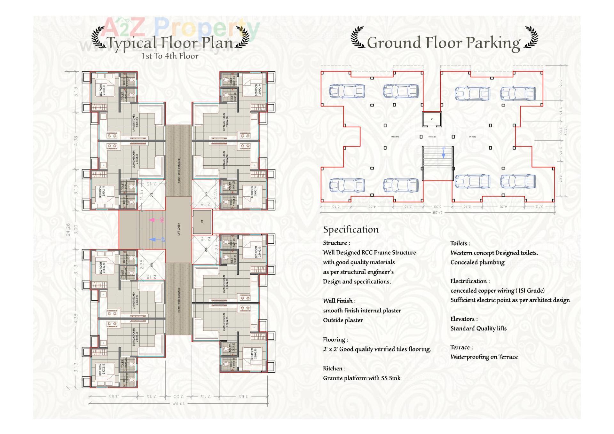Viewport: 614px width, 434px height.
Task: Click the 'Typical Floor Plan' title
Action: click(x=170, y=42)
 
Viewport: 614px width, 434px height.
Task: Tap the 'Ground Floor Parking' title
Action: click(x=444, y=42)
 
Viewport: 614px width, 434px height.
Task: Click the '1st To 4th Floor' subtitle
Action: click(x=170, y=56)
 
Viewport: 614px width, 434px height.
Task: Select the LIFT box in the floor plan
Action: click(x=202, y=222)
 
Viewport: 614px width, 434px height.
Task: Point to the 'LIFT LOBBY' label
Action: click(x=179, y=229)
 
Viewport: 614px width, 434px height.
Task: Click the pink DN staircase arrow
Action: click(x=153, y=220)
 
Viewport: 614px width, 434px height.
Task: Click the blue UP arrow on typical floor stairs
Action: click(x=153, y=239)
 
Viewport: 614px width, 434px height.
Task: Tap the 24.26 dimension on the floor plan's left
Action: click(x=68, y=229)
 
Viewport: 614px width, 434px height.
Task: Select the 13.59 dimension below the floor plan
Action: click(x=179, y=403)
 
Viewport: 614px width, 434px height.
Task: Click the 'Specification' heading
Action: click(x=351, y=229)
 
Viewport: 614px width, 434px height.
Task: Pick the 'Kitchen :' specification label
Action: click(x=334, y=368)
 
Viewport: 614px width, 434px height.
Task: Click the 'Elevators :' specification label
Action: click(x=464, y=319)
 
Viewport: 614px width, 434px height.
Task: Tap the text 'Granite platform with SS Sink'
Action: click(x=361, y=378)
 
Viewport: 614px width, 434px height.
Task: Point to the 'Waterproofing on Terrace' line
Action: click(x=484, y=357)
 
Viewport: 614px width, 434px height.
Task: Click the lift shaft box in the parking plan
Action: click(x=432, y=119)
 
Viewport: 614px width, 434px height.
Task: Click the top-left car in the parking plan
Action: click(x=347, y=91)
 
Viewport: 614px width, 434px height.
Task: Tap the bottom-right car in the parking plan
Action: click(x=517, y=182)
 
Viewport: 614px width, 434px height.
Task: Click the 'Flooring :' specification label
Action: click(x=335, y=339)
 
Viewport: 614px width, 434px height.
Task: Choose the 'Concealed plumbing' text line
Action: click(x=477, y=262)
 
